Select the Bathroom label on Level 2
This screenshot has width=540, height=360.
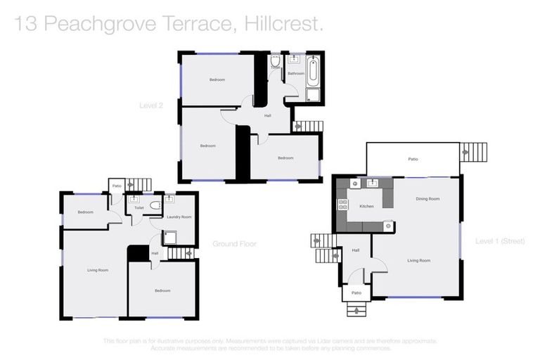click(295, 73)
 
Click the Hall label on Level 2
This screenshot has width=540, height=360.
click(268, 115)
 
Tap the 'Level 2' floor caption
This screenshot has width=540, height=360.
click(150, 105)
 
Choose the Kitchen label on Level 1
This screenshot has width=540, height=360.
click(366, 207)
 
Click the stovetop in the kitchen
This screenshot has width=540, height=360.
click(344, 205)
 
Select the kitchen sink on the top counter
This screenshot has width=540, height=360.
click(371, 184)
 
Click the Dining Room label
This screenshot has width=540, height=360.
click(427, 199)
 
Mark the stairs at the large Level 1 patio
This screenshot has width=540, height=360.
click(473, 152)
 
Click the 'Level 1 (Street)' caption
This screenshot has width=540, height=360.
click(500, 241)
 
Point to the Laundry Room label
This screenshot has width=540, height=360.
click(179, 217)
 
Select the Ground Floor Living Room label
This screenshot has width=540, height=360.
click(97, 270)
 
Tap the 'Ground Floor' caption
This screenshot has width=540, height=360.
click(234, 244)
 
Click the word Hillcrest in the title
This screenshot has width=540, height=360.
click(284, 25)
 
